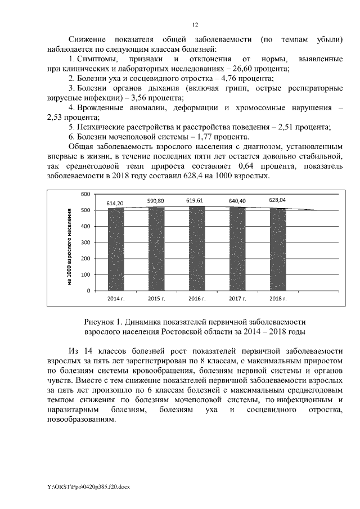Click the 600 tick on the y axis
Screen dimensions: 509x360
(x=85, y=194)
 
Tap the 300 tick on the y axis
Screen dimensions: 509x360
(x=85, y=242)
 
